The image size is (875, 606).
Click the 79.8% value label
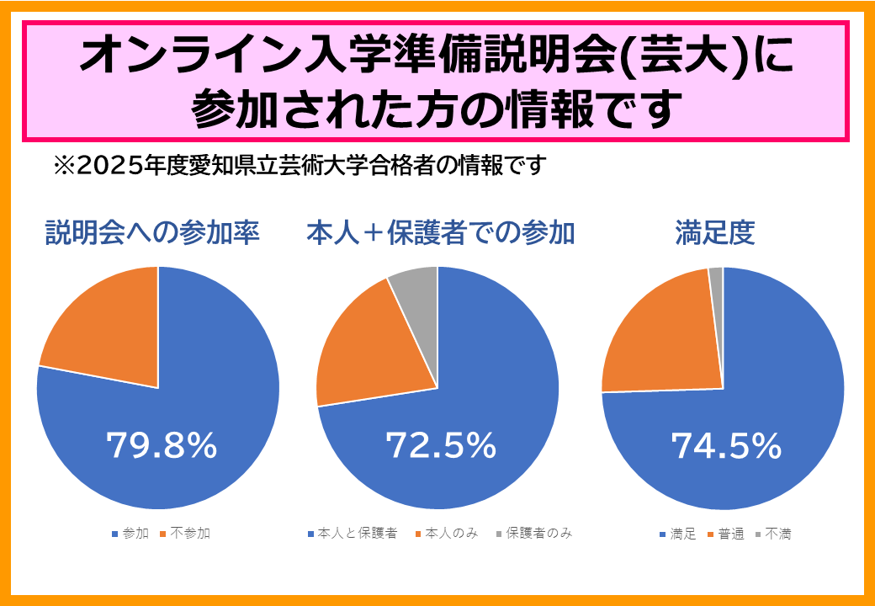(162, 446)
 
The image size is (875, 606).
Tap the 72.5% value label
(440, 446)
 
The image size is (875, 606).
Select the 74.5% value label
(726, 446)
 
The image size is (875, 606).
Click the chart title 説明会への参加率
(151, 233)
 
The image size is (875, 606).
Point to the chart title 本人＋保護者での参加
(440, 233)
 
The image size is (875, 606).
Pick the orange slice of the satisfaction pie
(660, 337)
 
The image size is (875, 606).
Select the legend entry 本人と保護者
(353, 534)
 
